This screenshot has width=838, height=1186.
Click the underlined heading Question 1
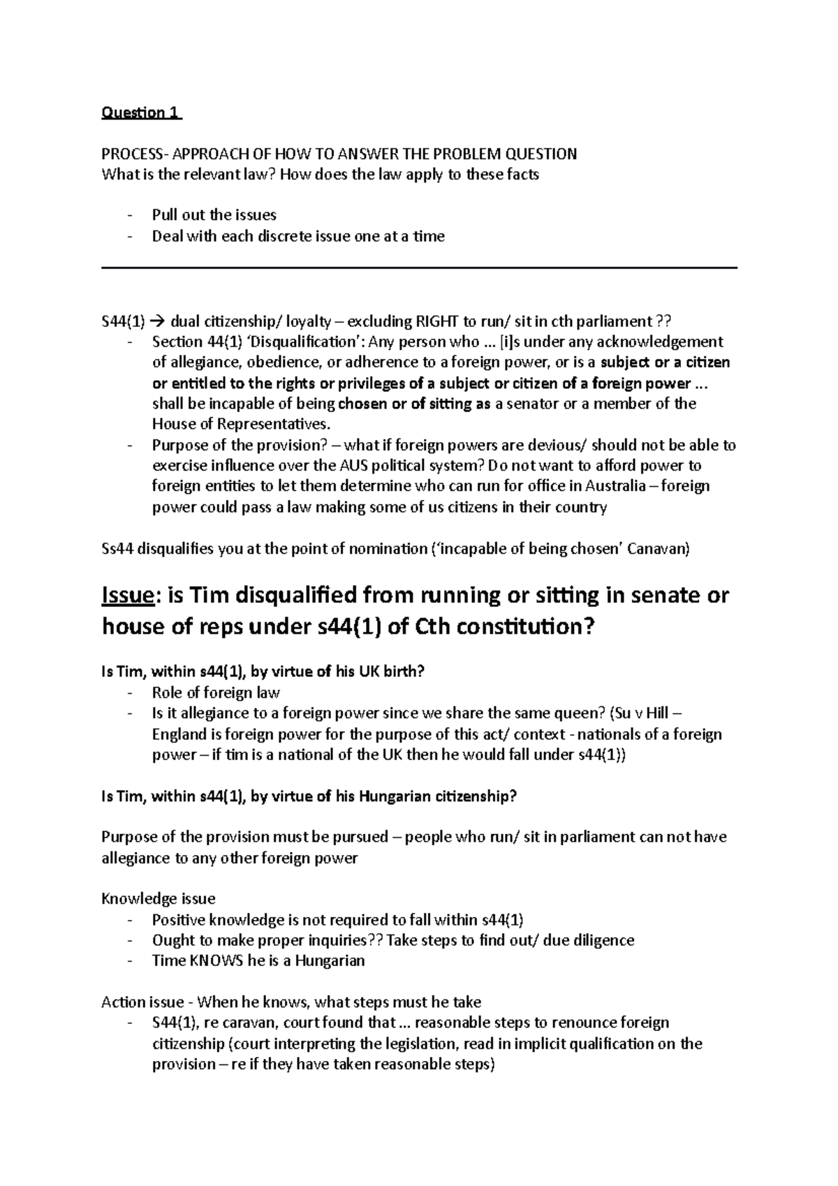141,113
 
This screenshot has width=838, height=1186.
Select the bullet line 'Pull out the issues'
214,215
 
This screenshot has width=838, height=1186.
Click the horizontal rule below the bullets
419,268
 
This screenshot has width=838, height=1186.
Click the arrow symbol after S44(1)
156,322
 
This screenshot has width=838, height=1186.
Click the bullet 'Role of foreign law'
215,693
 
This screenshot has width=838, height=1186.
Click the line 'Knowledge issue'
158,899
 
